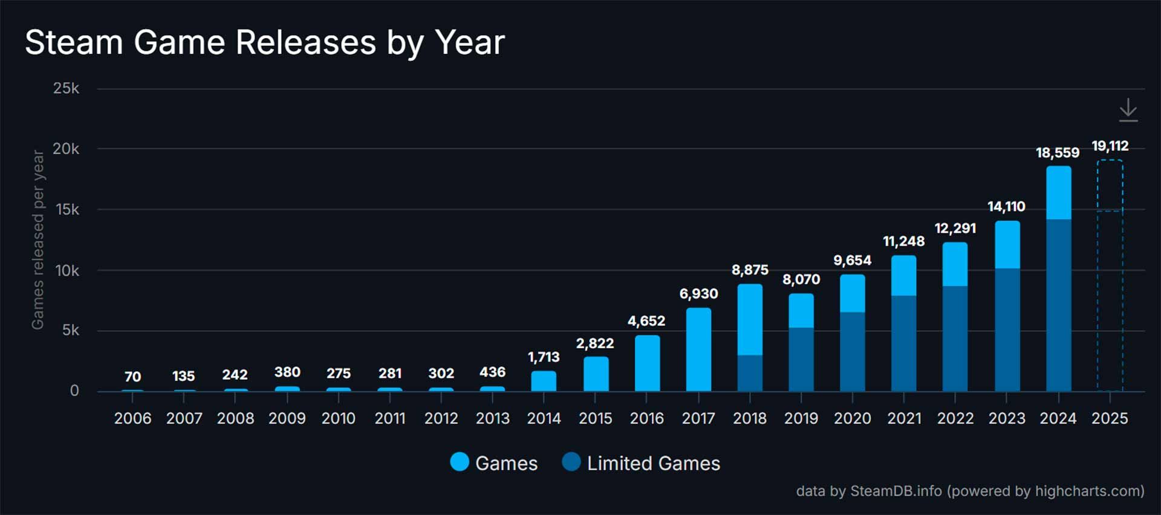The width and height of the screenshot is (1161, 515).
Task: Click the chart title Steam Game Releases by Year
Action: [264, 42]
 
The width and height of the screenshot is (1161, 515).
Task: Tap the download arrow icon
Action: [1128, 111]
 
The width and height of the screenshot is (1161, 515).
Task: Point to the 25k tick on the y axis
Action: [66, 88]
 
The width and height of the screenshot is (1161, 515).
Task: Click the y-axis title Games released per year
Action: [37, 239]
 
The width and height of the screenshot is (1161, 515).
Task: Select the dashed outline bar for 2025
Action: [1110, 275]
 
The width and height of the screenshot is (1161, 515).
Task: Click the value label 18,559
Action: [1057, 152]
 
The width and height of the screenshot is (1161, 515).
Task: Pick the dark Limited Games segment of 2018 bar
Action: [750, 373]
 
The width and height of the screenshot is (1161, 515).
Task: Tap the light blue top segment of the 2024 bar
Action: [1058, 193]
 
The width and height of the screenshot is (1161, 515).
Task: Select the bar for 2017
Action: [698, 349]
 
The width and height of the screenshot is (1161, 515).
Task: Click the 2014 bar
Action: [544, 381]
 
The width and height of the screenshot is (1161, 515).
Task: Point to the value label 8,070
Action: [801, 279]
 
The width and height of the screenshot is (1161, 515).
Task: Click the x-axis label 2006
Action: [132, 418]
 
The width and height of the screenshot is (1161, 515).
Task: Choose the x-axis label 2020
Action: [852, 418]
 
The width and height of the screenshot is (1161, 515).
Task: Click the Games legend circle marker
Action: [460, 462]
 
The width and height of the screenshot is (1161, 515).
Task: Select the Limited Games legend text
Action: [653, 464]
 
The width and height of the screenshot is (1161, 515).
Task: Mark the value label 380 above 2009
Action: [287, 372]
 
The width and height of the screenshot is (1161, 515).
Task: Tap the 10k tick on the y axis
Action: [67, 271]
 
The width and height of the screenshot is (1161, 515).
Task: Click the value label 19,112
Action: [1110, 146]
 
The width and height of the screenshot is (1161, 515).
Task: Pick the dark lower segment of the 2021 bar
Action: [903, 343]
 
